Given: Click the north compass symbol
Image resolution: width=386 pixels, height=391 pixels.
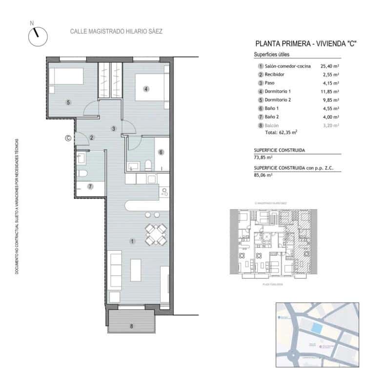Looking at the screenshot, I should pos(37,36).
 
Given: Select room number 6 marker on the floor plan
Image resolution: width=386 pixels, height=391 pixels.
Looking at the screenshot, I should pos(161,152).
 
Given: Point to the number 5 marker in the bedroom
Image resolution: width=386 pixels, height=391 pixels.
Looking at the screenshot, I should pos(69,102).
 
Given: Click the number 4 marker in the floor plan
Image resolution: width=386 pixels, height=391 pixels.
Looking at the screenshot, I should pos(145,89).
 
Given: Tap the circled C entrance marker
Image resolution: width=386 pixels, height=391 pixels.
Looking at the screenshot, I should pos(68,138).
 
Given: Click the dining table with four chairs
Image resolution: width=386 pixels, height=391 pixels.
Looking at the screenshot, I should pos(155,234).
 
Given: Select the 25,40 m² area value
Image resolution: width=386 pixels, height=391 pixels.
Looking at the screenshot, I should pos(329,66).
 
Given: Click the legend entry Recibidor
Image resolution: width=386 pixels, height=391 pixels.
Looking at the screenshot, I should pos(274,74).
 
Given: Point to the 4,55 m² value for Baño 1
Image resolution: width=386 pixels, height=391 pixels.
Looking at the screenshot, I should pos(329,109).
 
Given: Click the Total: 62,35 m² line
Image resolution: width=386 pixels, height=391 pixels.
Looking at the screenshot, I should pos(281,132).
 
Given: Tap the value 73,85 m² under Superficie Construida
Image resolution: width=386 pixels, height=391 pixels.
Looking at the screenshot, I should pos(264,157).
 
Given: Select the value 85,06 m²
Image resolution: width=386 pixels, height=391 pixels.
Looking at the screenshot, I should pos(264,175).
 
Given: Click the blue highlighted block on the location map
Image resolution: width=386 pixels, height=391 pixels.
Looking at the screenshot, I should pos(317,328).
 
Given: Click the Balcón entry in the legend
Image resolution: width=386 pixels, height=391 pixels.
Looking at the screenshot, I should pos(272,126).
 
